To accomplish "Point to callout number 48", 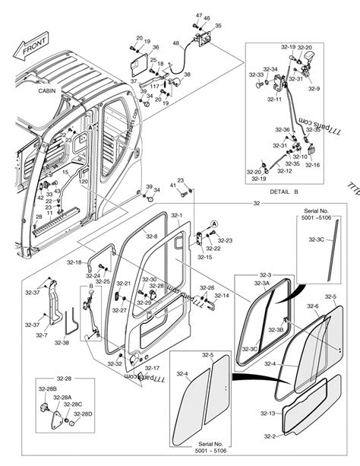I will pos(175,43).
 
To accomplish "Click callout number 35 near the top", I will pos(218,26).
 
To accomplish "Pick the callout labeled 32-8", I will pos(152,236).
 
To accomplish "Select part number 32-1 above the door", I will pos(176,216).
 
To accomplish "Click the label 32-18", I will pos(74,262).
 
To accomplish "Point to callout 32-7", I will pos(41,335).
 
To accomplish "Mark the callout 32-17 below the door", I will pos(151,368).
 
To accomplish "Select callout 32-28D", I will pos(83,414).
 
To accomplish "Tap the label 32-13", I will pos(268,414).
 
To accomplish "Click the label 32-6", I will pos(312,306).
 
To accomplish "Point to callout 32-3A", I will pos(261,283).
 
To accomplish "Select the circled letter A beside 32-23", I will pos(215,223).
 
